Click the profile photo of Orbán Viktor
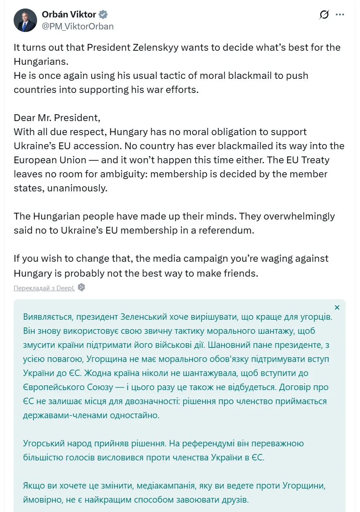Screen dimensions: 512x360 pyautogui.click(x=25, y=20)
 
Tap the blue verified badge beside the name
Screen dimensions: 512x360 pyautogui.click(x=103, y=14)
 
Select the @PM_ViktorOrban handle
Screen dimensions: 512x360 pyautogui.click(x=78, y=26)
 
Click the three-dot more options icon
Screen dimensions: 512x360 pyautogui.click(x=340, y=14)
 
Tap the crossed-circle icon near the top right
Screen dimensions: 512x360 pyautogui.click(x=324, y=14)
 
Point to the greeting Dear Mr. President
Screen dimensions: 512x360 pyautogui.click(x=57, y=118)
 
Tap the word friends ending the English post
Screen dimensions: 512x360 pyautogui.click(x=240, y=273)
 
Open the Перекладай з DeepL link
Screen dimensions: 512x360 pyautogui.click(x=44, y=288)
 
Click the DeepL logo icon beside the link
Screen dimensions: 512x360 pyautogui.click(x=81, y=287)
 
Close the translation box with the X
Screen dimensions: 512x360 pyautogui.click(x=337, y=307)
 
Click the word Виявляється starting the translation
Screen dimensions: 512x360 pyautogui.click(x=49, y=318)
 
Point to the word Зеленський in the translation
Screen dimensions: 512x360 pyautogui.click(x=156, y=318)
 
